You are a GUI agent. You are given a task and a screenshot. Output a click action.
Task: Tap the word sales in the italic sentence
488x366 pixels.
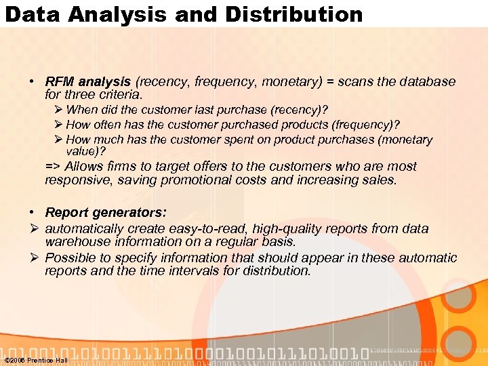[382, 180]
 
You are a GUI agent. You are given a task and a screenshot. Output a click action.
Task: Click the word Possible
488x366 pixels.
[70, 258]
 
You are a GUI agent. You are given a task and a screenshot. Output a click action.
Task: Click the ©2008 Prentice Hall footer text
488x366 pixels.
[35, 360]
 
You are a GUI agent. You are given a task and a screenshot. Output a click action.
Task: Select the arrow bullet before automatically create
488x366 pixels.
[35, 229]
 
